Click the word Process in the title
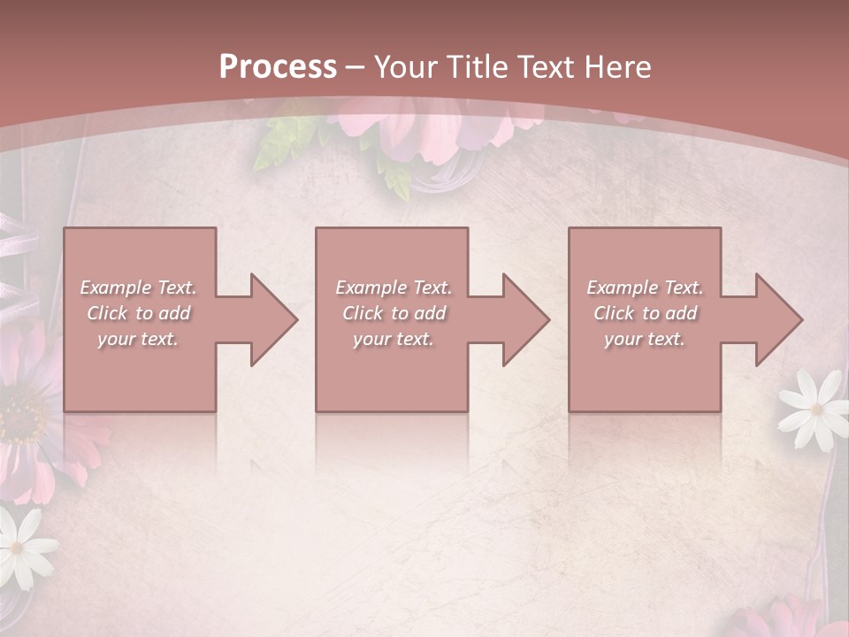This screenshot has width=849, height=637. point(278,66)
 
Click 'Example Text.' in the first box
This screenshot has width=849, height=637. point(139,288)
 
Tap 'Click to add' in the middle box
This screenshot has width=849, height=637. point(394,313)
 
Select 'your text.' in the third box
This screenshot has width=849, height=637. point(645,339)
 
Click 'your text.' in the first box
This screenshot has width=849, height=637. point(139,339)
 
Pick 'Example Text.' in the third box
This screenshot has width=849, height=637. point(645,288)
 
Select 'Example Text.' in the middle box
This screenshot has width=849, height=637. point(394,288)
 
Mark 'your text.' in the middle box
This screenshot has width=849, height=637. point(394,339)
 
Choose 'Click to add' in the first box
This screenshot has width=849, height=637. point(139,313)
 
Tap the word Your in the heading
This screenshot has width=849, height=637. point(405,66)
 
